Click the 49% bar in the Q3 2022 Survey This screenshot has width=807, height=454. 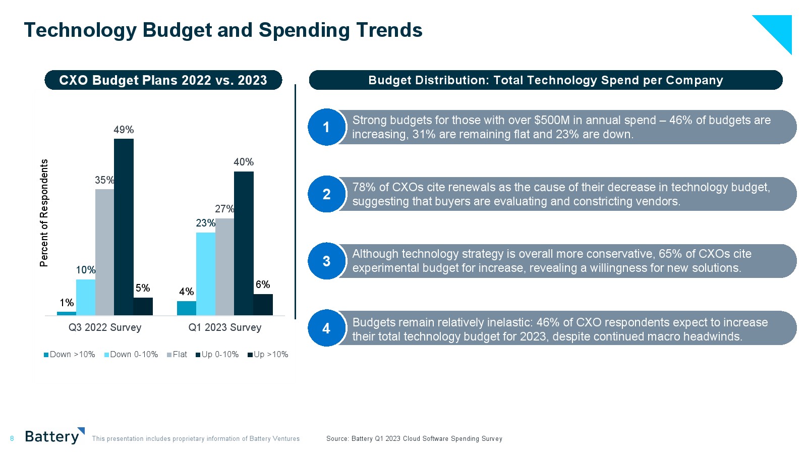124,227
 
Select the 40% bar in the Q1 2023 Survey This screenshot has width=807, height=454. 244,243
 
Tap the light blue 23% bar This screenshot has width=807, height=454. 206,274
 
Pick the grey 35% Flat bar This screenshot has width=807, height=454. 104,252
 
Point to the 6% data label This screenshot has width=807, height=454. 263,285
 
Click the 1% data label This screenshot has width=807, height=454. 67,303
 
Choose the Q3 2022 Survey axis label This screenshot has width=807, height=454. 105,327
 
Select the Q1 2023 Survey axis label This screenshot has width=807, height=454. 225,327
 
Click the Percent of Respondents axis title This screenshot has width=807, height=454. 44,213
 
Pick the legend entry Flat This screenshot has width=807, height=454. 177,355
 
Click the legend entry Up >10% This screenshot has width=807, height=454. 268,355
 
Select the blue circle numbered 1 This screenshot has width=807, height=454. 326,127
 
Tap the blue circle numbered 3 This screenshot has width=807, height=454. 326,261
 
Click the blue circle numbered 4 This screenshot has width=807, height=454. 326,328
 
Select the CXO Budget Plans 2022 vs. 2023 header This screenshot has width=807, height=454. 163,80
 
